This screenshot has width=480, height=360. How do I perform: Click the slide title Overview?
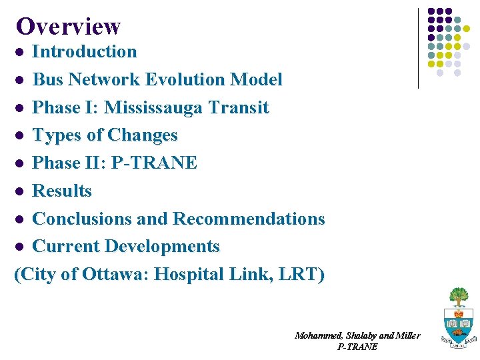[x=68, y=26]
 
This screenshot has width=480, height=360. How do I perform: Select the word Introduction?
[x=85, y=51]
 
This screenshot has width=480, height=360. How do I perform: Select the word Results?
[x=62, y=191]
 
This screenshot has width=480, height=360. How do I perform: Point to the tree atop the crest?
[x=459, y=296]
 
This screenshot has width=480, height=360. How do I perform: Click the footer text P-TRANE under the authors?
[x=357, y=347]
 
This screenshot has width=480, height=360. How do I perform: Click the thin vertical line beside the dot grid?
[x=418, y=48]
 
